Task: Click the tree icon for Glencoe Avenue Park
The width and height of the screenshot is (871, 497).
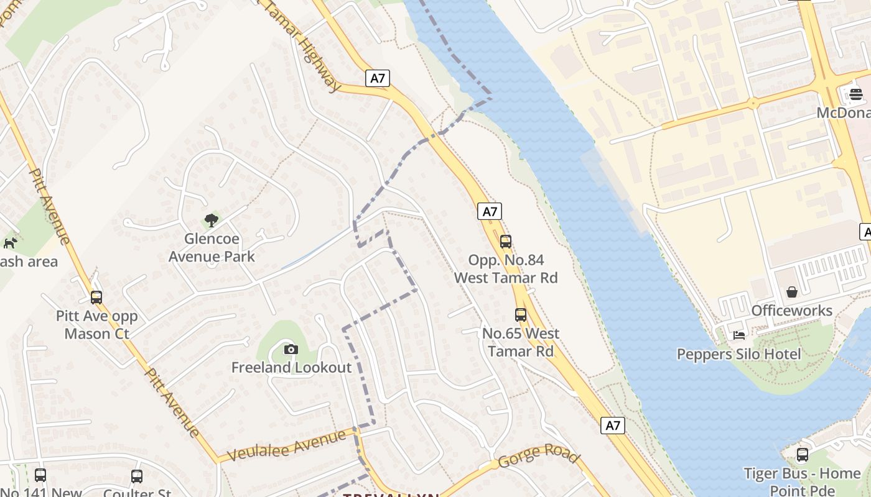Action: click(212, 220)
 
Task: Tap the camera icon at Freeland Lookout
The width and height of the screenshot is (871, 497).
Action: click(291, 350)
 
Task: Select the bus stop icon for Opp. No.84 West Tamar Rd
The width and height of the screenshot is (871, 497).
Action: click(505, 242)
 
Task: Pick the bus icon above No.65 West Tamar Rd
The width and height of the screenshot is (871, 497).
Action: click(521, 315)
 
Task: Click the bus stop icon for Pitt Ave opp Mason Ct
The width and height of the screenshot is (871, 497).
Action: click(96, 298)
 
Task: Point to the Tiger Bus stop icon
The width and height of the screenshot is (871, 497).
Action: click(803, 455)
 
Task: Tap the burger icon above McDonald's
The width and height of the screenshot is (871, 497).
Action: click(856, 94)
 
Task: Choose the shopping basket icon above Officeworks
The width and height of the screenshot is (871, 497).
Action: click(792, 291)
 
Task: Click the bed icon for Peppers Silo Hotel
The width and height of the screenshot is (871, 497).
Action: click(739, 335)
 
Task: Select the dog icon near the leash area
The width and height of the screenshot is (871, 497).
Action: click(10, 243)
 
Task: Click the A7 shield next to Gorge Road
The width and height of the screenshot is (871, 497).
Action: click(613, 426)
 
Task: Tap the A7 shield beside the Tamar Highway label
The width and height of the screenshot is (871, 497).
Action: click(378, 78)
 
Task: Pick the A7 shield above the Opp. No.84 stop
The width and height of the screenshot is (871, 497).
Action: click(490, 211)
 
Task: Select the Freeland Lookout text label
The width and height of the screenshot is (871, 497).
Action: click(292, 368)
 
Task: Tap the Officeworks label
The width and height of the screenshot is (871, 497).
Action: click(791, 311)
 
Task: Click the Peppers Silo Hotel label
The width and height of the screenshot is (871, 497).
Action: click(739, 354)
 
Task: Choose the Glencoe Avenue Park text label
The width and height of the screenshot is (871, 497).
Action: click(212, 247)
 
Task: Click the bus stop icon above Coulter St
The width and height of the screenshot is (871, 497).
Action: click(137, 476)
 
